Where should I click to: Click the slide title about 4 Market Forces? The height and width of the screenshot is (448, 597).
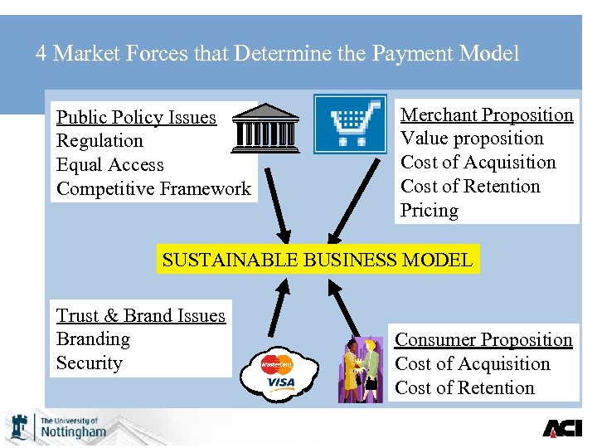[x=278, y=54]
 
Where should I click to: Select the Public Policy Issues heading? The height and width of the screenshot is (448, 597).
[x=136, y=117]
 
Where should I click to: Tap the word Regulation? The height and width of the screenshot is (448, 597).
[x=99, y=141]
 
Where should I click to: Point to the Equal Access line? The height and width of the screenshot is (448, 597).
[x=109, y=165]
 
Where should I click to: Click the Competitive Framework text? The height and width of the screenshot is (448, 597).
[x=153, y=189]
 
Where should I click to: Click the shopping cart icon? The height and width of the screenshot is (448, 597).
[x=350, y=124]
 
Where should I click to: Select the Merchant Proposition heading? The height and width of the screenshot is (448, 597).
[x=487, y=114]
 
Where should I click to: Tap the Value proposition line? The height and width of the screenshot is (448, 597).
[x=472, y=139]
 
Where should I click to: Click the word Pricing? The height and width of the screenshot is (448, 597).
[x=430, y=210]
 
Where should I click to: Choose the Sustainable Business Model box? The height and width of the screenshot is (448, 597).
[x=318, y=259]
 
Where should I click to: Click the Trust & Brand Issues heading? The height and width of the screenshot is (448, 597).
[x=140, y=315]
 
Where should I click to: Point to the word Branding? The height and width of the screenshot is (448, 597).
[x=93, y=339]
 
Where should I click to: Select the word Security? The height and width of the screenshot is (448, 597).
[x=89, y=363]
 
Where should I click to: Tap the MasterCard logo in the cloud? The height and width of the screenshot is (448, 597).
[x=277, y=363]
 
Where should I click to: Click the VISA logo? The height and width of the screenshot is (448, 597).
[x=281, y=382]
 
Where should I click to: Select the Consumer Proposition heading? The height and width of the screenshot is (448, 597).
[x=483, y=339]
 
